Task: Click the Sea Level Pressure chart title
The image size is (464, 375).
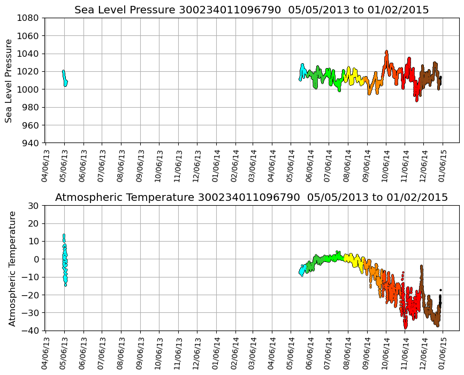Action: (x=252, y=10)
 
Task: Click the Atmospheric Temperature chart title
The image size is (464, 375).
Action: (x=252, y=198)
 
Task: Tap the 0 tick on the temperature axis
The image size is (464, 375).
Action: (x=36, y=259)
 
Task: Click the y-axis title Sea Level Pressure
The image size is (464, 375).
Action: (x=9, y=80)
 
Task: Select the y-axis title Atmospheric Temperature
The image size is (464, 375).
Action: (x=12, y=268)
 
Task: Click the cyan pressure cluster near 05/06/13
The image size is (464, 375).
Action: (x=65, y=78)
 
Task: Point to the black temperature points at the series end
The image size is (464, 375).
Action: (x=440, y=300)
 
